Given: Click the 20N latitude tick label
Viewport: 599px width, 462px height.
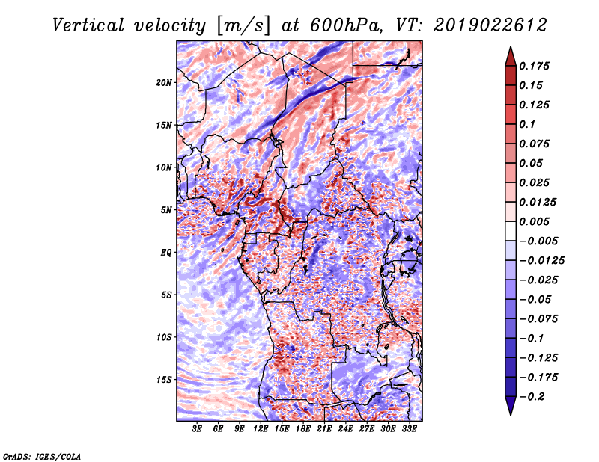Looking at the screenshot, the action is (x=163, y=82).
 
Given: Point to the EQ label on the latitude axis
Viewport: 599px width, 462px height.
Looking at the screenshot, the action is (x=166, y=252).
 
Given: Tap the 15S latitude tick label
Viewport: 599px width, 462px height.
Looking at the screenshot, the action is (x=163, y=380).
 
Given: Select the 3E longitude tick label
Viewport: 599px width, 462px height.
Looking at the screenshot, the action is (x=197, y=429).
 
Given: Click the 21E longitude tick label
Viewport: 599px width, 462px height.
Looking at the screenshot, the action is (x=324, y=429).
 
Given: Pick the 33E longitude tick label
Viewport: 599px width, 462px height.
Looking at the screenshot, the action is (x=409, y=429).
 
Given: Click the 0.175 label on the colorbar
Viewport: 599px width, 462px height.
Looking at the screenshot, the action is (x=534, y=66).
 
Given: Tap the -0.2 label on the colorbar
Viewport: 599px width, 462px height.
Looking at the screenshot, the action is (x=532, y=397).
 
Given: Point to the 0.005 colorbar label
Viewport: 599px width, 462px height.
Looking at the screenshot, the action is (x=534, y=221).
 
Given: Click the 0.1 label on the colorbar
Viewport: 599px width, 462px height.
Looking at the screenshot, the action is (x=527, y=124).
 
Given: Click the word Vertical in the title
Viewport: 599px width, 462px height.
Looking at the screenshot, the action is (x=88, y=25).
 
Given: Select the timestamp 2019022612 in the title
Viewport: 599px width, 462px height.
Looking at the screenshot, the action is (x=490, y=25).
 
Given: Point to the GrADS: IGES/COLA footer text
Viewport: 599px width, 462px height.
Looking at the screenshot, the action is (x=42, y=456).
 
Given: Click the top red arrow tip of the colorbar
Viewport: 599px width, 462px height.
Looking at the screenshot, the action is (x=511, y=46).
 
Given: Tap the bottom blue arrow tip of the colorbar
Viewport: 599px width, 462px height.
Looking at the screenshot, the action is (x=511, y=416).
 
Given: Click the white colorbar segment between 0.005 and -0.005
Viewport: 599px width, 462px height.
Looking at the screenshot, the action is (x=511, y=231).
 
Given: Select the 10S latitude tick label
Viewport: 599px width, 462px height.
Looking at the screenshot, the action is (x=163, y=337).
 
